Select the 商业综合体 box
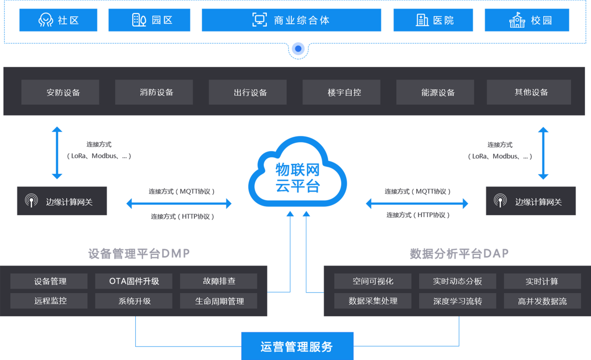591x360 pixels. coord(291,20)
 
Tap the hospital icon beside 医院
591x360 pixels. coord(422,20)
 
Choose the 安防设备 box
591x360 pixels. coord(60,93)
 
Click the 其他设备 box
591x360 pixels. coord(529,93)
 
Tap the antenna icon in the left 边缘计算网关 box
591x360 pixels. coord(31,201)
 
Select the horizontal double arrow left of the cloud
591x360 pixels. coord(179,204)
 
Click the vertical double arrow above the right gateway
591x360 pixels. coord(543,153)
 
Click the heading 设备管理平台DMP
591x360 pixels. coord(139,253)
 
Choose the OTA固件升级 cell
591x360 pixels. coord(134,281)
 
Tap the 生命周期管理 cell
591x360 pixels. coord(219,301)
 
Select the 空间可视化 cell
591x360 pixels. coord(372,281)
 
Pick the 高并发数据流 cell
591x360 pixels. coord(542,301)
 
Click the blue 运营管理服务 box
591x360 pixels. coord(297,346)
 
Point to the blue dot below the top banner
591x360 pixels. coord(299,49)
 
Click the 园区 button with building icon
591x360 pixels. coord(149,20)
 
